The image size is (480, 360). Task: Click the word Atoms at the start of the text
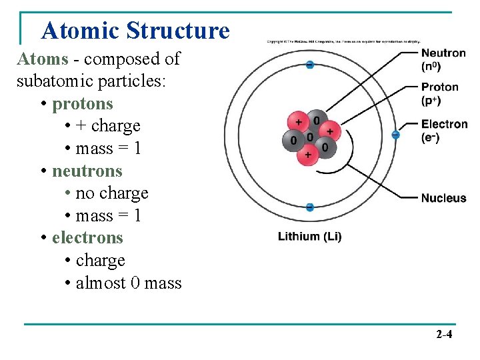point(43,59)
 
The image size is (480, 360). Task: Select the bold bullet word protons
point(83,104)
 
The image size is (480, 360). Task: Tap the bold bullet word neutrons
point(87,171)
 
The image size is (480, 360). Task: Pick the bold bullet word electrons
point(88,237)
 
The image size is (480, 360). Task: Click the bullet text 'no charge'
point(112,193)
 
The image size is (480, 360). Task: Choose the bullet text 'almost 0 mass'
point(129,283)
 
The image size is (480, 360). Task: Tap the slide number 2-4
point(443,334)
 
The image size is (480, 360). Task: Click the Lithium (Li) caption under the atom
point(309,237)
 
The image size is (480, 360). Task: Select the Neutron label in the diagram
point(443,53)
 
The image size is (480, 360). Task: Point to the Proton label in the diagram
point(440,87)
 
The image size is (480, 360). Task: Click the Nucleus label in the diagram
point(443,198)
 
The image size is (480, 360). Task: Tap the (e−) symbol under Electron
point(431,137)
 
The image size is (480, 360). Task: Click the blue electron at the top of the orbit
point(309,65)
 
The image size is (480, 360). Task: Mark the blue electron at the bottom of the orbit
point(309,207)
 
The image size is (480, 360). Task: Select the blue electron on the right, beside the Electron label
point(395,135)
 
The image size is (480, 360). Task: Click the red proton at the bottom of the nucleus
point(307,155)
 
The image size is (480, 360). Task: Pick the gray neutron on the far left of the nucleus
point(292,140)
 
